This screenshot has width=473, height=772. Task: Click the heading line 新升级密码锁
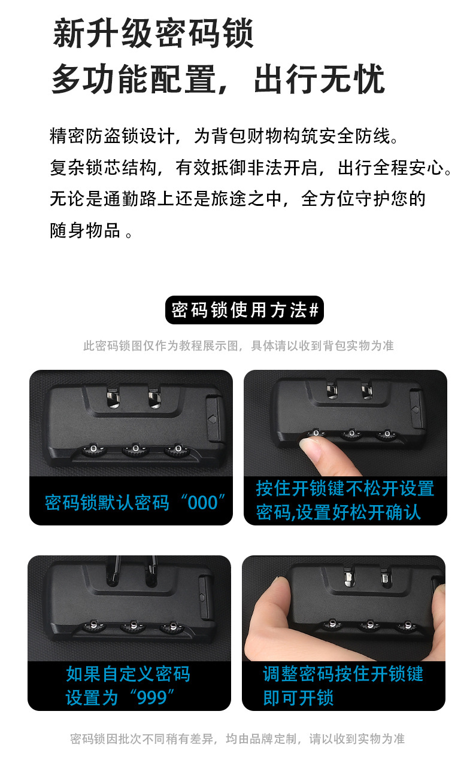point(153,34)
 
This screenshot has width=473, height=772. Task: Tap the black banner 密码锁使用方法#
point(244,310)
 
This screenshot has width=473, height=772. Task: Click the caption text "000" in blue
point(203,503)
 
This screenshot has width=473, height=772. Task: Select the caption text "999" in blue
point(152,695)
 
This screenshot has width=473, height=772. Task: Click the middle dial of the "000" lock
point(135,449)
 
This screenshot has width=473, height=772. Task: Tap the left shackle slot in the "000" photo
point(113,397)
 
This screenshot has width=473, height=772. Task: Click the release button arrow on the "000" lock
point(212,420)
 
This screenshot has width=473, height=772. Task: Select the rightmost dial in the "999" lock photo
point(173,627)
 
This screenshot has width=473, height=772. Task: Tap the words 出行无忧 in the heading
point(319,79)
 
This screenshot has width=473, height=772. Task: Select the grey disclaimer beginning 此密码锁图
point(238,345)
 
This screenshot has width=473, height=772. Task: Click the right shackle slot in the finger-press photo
point(366,390)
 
